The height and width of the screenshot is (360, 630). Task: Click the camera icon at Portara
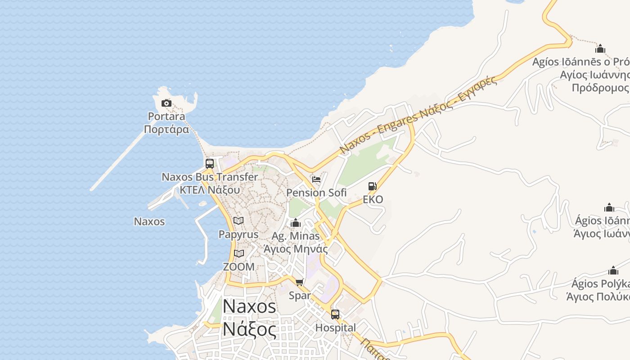point(166,103)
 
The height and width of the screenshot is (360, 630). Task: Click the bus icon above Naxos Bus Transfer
point(209,164)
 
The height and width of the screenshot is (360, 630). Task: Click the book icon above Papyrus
point(238,221)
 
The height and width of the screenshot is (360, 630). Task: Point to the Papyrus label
point(238,234)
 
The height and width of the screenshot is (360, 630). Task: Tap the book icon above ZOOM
point(239,254)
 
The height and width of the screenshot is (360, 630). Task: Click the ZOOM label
point(239,267)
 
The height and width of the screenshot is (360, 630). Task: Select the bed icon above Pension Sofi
point(316,180)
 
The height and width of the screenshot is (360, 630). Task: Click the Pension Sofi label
point(316,193)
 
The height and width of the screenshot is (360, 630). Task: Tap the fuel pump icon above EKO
point(373,186)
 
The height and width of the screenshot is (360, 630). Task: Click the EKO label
point(373,199)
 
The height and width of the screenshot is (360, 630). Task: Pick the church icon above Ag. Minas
point(296,223)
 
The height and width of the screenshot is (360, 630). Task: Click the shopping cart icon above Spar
point(300,282)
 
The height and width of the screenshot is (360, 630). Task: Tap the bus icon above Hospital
point(335,315)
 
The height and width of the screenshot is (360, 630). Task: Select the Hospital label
point(336,328)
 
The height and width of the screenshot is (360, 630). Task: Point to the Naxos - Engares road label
point(418,115)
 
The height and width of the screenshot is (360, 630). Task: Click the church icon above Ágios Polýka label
point(613,270)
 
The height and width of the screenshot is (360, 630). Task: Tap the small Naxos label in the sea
point(149,221)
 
